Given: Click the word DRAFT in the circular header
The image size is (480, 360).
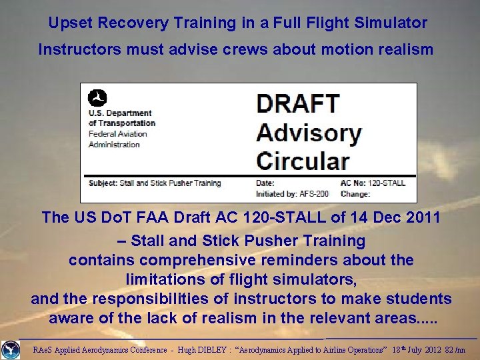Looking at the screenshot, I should tap(298, 105).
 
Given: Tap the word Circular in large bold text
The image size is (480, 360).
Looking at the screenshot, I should tap(303, 161).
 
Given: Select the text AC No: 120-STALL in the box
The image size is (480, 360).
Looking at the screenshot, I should tap(373, 183).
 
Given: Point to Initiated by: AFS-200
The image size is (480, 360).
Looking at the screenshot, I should tap(292, 194).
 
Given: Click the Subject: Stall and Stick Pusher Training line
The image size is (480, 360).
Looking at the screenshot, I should tap(155, 183).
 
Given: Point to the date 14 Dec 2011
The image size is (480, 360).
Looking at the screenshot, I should tap(383, 217).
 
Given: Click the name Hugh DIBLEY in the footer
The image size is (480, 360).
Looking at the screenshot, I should tap(197, 350).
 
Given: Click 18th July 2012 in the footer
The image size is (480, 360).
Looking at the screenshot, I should tap(407, 350).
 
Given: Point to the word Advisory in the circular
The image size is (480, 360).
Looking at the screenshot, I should tap(309, 133).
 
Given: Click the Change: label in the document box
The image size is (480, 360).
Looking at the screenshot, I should tap(356, 194).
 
